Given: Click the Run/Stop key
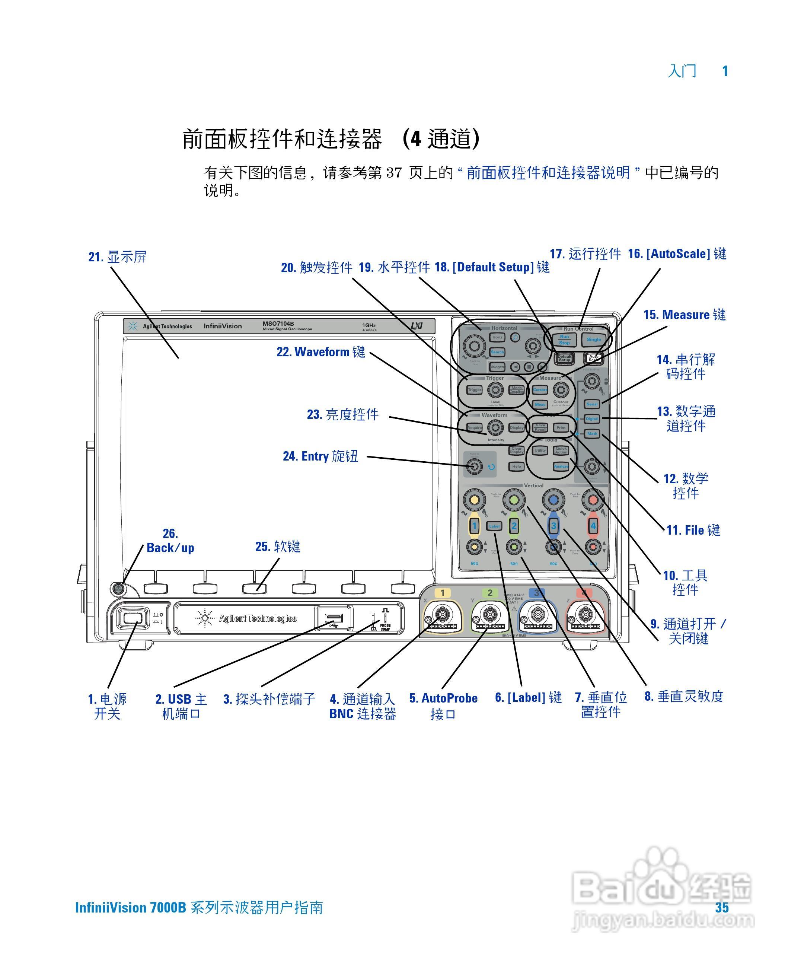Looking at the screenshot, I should tap(564, 340).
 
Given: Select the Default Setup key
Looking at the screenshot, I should tap(564, 358).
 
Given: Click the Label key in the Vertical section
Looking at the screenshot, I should tap(494, 526).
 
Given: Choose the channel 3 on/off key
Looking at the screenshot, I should tap(553, 526).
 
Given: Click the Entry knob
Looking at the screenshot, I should tap(475, 466).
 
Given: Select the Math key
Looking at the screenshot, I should tap(592, 433).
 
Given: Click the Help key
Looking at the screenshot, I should tap(516, 466).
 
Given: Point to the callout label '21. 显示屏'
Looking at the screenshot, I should tap(118, 257).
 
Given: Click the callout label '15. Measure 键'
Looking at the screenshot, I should tap(685, 315).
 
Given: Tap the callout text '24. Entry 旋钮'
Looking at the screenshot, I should tap(320, 456).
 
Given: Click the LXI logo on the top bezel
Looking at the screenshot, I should tap(416, 326).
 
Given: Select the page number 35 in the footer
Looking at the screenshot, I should tap(722, 908).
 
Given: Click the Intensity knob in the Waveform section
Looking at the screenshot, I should tap(495, 427).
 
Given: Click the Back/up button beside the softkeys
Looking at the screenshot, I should tap(118, 588).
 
